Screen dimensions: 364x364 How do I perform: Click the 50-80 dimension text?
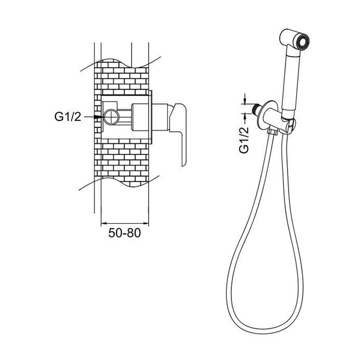coord(124,233)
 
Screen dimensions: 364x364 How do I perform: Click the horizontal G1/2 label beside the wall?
coord(68,117)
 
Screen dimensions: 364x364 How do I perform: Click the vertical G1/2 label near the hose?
coord(244,140)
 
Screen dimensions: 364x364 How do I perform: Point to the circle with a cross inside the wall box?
coord(111,117)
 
